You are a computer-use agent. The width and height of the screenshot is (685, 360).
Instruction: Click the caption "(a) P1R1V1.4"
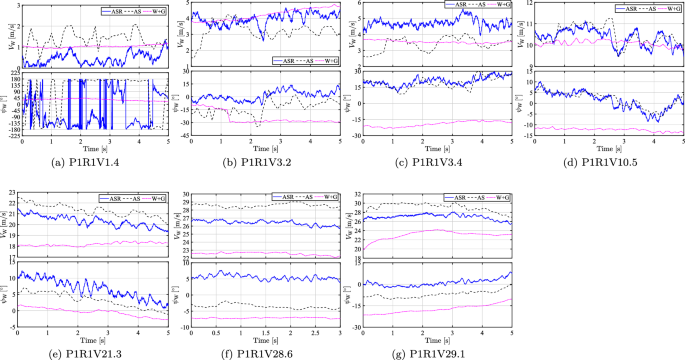click(x=92, y=157)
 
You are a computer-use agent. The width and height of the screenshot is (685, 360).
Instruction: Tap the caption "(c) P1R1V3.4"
click(x=436, y=157)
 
